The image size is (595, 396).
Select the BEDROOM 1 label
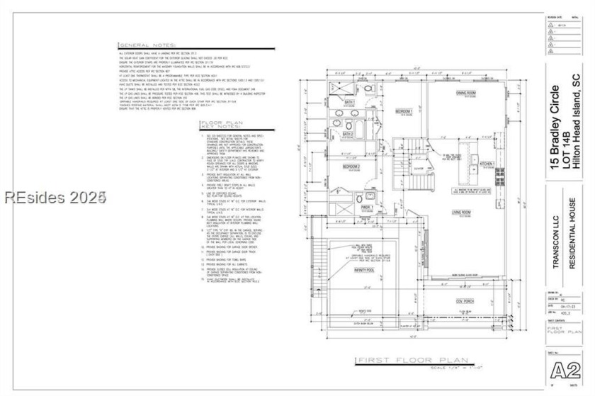point(404,112)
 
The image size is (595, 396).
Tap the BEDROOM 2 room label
point(352,166)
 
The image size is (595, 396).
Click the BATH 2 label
point(348,134)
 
